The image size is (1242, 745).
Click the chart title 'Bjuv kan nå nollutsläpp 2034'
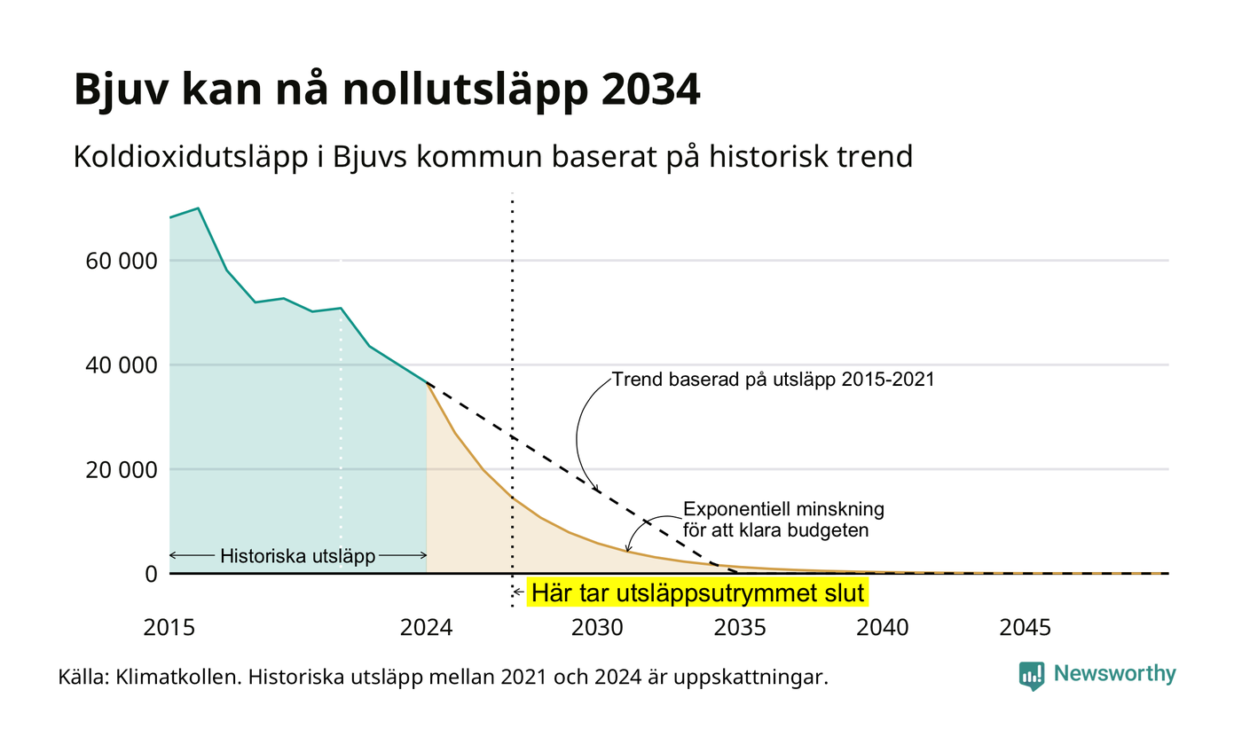(x=387, y=90)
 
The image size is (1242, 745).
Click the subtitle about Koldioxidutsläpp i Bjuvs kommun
(x=493, y=157)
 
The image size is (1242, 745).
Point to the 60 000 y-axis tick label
(x=122, y=261)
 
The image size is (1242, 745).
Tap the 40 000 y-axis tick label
(x=122, y=365)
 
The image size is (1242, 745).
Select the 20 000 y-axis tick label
(x=122, y=470)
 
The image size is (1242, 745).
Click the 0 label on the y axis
(x=152, y=575)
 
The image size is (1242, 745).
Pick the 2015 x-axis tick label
(x=169, y=628)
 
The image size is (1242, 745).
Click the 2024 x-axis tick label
(x=427, y=628)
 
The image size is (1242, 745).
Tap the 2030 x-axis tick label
(x=598, y=628)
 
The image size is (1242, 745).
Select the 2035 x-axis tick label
(x=740, y=628)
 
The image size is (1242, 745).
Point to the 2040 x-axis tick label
(x=883, y=628)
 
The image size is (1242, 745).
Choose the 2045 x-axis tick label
(x=1026, y=628)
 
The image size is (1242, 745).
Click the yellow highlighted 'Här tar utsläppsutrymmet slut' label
(x=697, y=593)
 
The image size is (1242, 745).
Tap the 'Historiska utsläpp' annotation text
(x=298, y=556)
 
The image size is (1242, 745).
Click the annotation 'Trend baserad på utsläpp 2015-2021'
(x=774, y=380)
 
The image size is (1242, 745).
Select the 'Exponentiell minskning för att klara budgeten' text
(x=783, y=520)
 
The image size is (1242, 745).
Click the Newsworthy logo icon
(x=1031, y=676)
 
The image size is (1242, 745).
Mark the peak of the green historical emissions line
(x=198, y=208)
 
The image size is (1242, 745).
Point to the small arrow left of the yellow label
(x=518, y=592)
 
